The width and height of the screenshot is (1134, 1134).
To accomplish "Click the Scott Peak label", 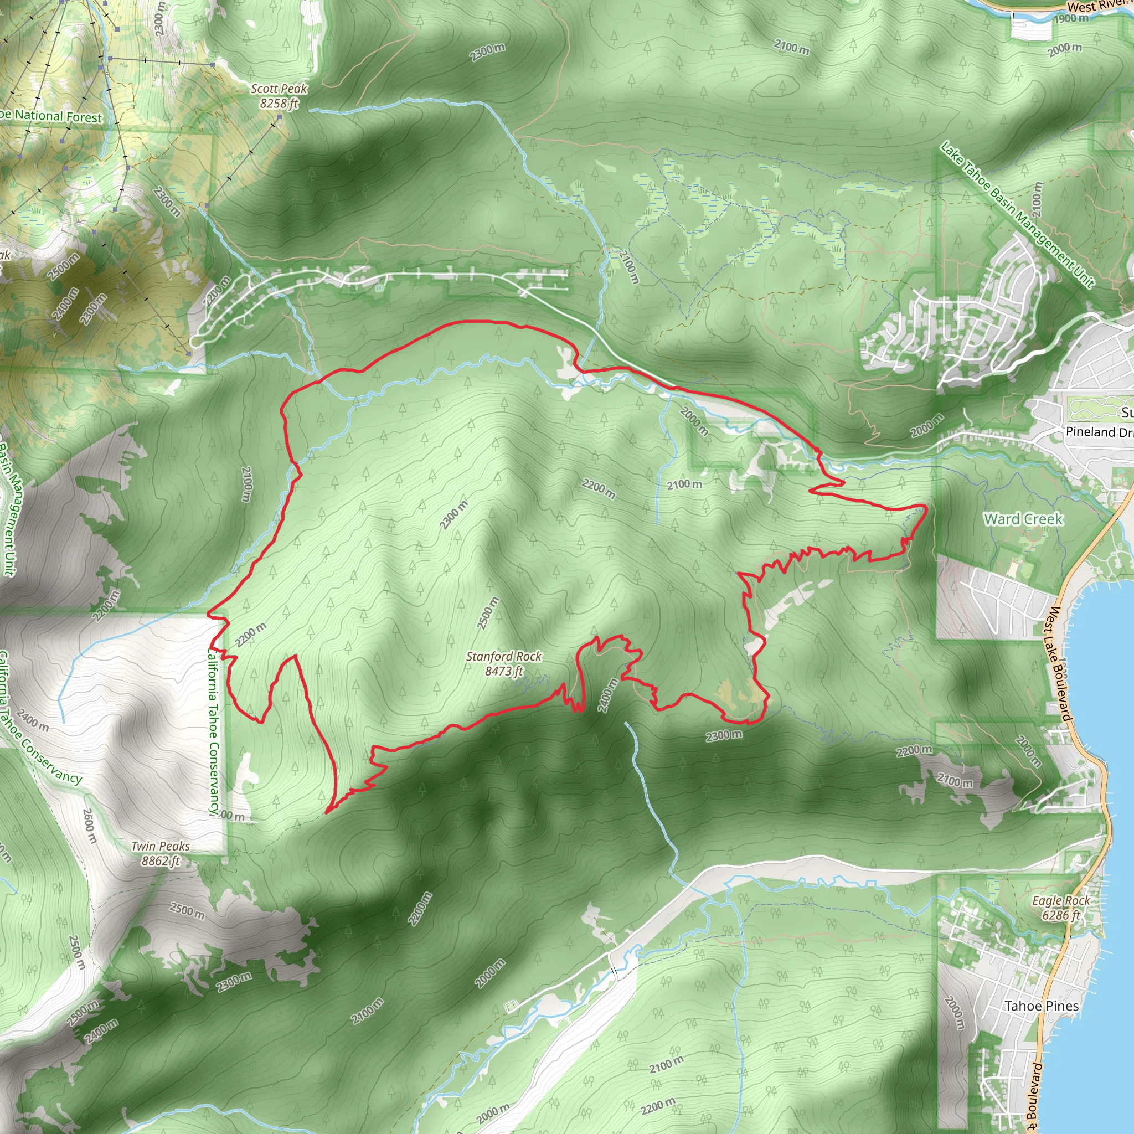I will [279, 89].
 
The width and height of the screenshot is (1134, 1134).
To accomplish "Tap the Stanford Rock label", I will [504, 656].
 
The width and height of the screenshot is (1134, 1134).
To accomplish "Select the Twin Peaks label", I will [160, 846].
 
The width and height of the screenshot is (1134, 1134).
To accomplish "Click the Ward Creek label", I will [1024, 519].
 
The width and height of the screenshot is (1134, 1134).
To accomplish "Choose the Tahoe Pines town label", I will [1042, 1006].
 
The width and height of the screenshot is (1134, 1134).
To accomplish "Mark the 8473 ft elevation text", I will [504, 671].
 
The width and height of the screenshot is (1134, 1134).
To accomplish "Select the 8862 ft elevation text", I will [160, 860].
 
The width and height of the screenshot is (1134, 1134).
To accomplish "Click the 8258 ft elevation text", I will [279, 104].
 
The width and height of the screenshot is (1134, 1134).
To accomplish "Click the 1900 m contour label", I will [1071, 18].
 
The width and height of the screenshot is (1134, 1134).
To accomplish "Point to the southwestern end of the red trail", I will [326, 812].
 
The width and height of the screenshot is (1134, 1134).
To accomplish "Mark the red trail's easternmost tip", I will [927, 506].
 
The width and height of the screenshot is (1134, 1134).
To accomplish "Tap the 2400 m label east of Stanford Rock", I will [608, 695].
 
